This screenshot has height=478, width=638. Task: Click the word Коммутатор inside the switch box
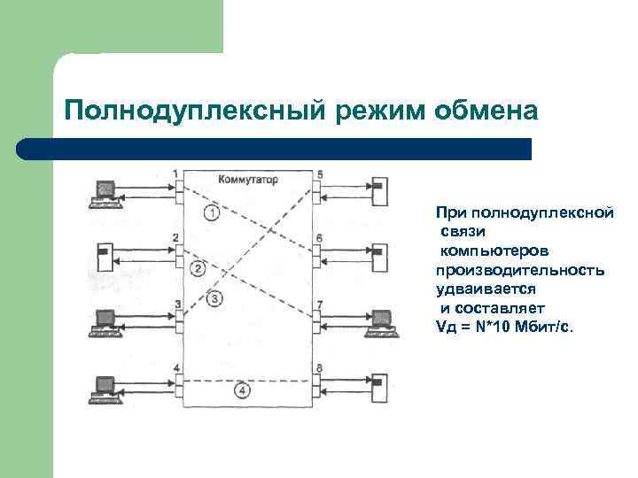click(247, 179)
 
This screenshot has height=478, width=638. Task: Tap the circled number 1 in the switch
click(210, 212)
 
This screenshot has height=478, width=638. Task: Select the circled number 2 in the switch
click(198, 268)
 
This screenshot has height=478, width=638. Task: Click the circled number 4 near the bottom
click(243, 389)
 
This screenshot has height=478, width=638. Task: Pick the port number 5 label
click(320, 174)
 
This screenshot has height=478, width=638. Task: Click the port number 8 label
click(319, 368)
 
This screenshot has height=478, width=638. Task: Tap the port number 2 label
click(176, 237)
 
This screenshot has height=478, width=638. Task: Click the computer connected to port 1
click(105, 191)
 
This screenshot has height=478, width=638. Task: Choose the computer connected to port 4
click(105, 389)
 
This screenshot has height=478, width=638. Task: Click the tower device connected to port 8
click(378, 388)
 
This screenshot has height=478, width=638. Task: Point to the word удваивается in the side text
click(479, 289)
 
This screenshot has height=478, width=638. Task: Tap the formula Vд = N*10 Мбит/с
click(504, 327)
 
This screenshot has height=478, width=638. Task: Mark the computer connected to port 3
click(105, 320)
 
